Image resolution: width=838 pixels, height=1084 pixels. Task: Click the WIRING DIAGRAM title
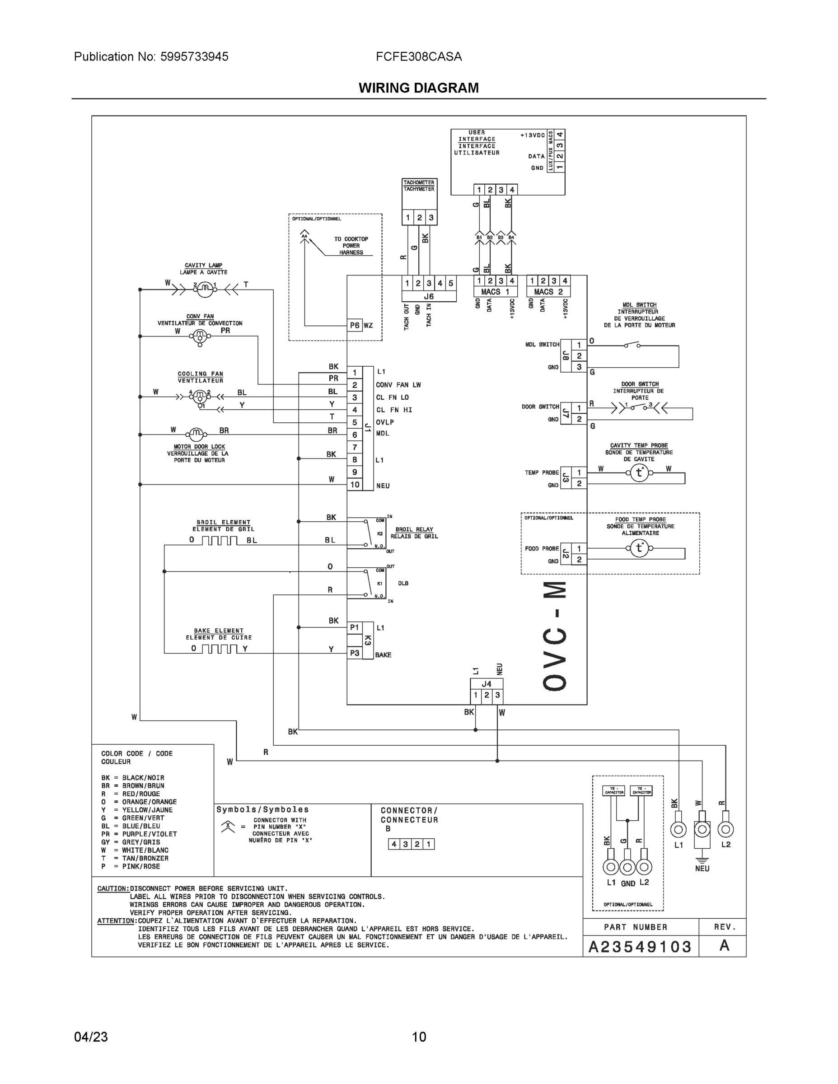(418, 88)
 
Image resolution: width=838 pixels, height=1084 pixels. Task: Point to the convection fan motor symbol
(200, 337)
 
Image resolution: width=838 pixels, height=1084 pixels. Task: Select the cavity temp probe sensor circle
(639, 473)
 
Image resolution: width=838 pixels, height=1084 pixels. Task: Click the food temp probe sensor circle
(639, 548)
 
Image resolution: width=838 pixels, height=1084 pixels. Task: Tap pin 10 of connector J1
(355, 485)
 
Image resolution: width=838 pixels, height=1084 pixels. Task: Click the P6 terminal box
(355, 326)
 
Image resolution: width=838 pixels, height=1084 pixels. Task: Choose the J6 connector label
(429, 296)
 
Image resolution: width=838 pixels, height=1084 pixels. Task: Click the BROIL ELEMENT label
(224, 522)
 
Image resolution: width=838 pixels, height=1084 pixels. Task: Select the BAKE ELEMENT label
(219, 631)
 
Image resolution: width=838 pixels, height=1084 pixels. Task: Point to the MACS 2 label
(548, 292)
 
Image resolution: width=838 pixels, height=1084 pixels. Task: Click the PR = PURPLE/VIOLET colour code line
(139, 834)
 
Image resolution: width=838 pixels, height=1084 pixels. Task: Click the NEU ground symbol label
(702, 869)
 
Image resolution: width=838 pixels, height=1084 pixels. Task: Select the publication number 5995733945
(194, 56)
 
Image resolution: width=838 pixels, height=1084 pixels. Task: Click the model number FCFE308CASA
(418, 56)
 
